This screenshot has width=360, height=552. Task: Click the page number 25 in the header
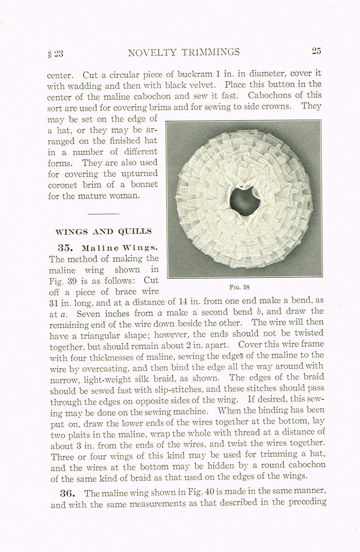click(x=316, y=51)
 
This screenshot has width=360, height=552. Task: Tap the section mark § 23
click(x=55, y=53)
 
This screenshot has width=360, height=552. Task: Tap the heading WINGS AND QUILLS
click(x=103, y=231)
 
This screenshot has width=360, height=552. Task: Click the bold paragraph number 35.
click(x=65, y=247)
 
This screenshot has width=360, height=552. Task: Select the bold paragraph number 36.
click(x=67, y=493)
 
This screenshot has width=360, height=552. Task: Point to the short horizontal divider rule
click(x=103, y=213)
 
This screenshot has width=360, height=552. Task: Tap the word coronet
click(x=64, y=184)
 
